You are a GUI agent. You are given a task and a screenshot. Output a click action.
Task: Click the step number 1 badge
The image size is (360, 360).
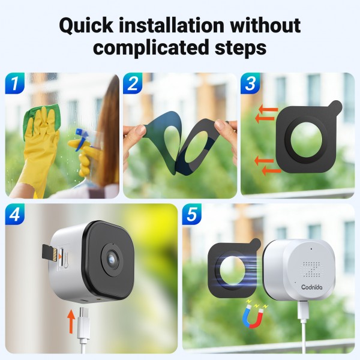click(x=15, y=83)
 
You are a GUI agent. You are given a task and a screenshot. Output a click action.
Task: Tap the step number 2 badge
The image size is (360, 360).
click(x=133, y=83)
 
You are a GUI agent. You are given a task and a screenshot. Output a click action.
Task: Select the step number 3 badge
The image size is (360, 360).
click(x=251, y=83)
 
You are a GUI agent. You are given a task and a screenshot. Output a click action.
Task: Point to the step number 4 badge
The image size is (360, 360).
click(x=15, y=214)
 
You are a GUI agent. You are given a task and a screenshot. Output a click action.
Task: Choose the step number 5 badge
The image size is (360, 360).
click(x=192, y=214)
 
